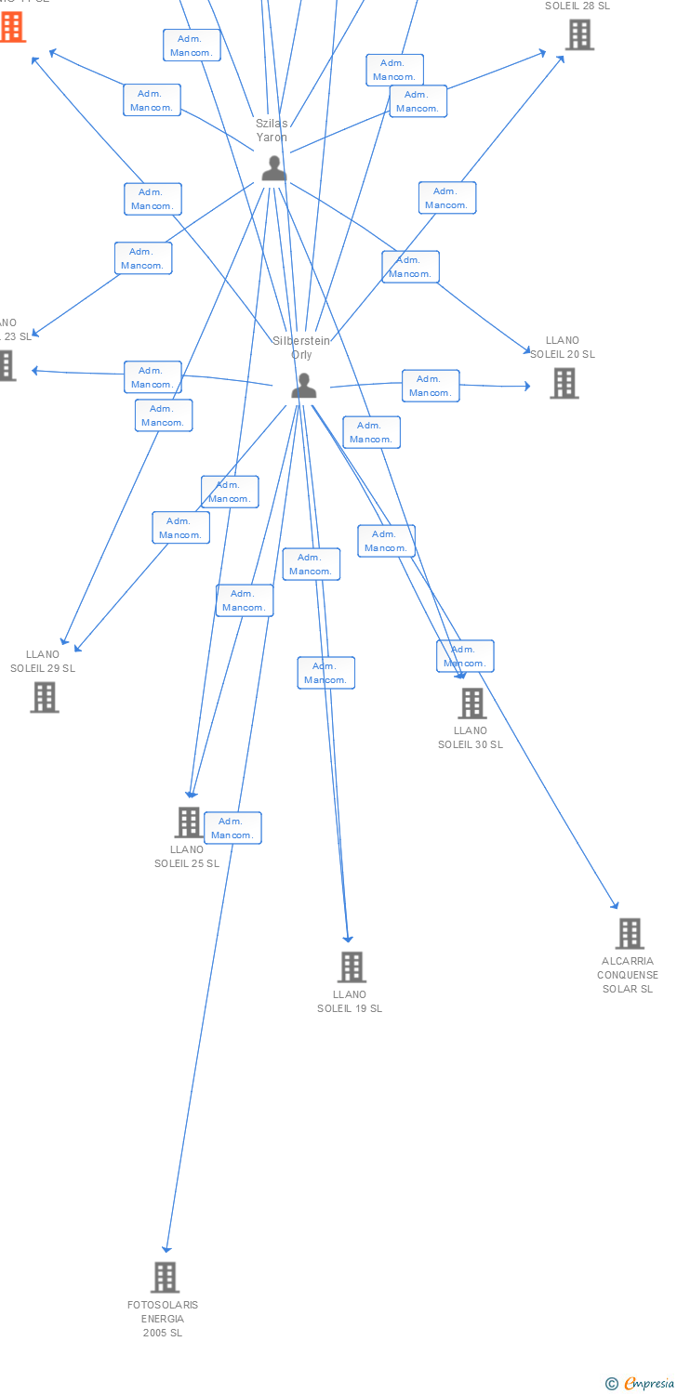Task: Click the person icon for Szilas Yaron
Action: click(272, 168)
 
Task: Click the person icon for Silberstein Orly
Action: click(303, 386)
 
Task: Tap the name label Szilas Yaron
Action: click(272, 130)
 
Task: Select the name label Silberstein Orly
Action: click(300, 348)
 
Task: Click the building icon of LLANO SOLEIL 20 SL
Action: click(564, 383)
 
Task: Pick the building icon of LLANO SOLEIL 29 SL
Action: click(45, 697)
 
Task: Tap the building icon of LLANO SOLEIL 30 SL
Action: click(472, 704)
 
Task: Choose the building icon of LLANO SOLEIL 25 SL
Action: click(189, 822)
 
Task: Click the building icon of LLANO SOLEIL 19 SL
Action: click(352, 967)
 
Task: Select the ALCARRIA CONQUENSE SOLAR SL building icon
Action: click(630, 934)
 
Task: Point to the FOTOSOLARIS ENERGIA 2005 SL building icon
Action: click(165, 1278)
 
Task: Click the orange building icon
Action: click(11, 27)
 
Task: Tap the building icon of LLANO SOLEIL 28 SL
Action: click(579, 34)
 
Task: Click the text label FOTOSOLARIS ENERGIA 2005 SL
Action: click(163, 1319)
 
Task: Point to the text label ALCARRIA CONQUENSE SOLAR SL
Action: click(628, 975)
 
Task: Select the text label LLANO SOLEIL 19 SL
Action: click(350, 1002)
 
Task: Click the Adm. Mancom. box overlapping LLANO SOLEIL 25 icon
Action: click(232, 828)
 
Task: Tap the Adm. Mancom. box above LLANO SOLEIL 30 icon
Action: click(465, 656)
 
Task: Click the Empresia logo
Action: click(641, 1384)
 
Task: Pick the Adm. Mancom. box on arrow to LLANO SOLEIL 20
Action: click(431, 386)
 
